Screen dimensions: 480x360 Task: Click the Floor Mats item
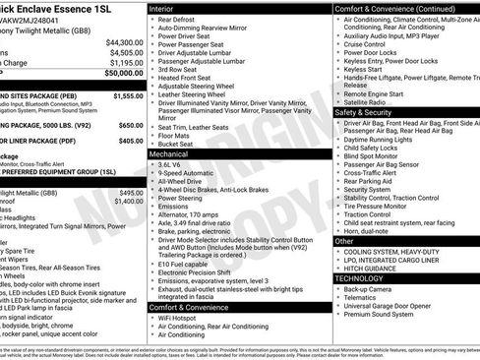[178, 136]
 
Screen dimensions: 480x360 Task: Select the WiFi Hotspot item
[182, 319]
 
